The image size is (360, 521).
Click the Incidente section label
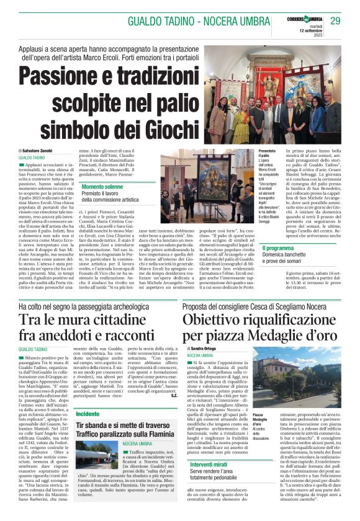point(88,413)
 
